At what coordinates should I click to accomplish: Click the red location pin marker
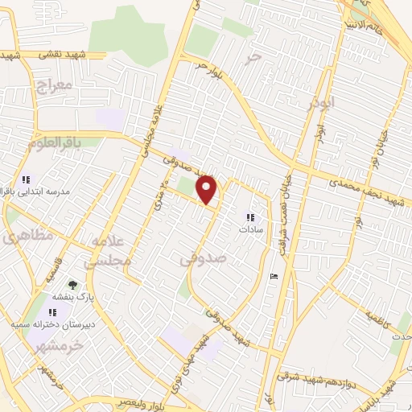(x=208, y=189)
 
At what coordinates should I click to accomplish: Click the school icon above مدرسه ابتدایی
(x=27, y=179)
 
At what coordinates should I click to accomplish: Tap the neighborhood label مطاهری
(x=16, y=237)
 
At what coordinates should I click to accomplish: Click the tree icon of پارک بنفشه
(x=72, y=284)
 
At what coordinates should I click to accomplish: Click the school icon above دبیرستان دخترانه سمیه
(x=54, y=311)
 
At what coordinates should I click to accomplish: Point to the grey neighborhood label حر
(x=255, y=58)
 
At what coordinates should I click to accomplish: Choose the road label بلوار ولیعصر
(x=120, y=401)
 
